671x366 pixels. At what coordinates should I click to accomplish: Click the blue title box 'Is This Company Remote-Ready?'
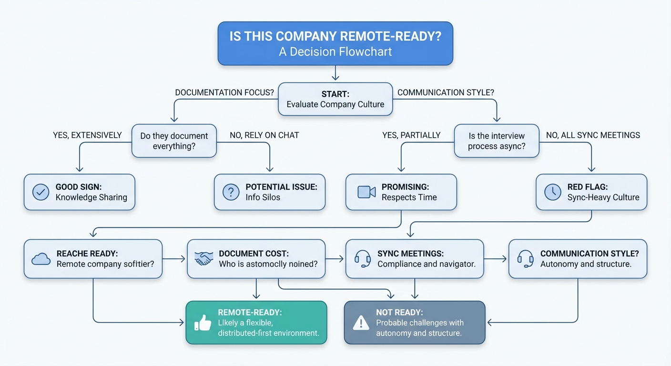coord(335,43)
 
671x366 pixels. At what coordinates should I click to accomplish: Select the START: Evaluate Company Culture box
coord(335,99)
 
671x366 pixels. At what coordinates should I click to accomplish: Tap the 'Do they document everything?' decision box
coord(174,141)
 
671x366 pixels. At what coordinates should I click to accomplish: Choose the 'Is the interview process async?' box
coord(496,141)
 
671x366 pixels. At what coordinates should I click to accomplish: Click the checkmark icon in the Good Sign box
coord(41,192)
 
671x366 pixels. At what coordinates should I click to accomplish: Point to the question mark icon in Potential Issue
coord(231,192)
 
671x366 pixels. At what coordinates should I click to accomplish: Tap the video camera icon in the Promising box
coord(366,192)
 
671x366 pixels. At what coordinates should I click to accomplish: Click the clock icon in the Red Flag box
coord(552,192)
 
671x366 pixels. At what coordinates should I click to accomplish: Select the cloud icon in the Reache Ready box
coord(41,259)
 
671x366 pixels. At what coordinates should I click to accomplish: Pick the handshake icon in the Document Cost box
coord(204,259)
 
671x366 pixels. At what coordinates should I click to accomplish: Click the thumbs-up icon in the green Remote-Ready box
coord(203,323)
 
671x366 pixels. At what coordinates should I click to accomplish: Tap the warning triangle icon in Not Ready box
coord(361,323)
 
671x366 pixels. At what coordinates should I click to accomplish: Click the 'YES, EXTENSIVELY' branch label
coord(87,135)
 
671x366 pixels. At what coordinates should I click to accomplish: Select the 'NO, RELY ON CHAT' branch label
coord(264,135)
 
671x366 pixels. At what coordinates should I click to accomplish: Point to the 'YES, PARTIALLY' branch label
coord(411,135)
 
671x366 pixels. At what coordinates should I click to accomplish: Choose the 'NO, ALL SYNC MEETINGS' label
coord(593,135)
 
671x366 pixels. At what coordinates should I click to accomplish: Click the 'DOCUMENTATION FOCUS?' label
coord(224,92)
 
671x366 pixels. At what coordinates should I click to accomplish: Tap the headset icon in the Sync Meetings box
coord(363,259)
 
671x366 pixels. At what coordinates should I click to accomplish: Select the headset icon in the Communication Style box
coord(525,259)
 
